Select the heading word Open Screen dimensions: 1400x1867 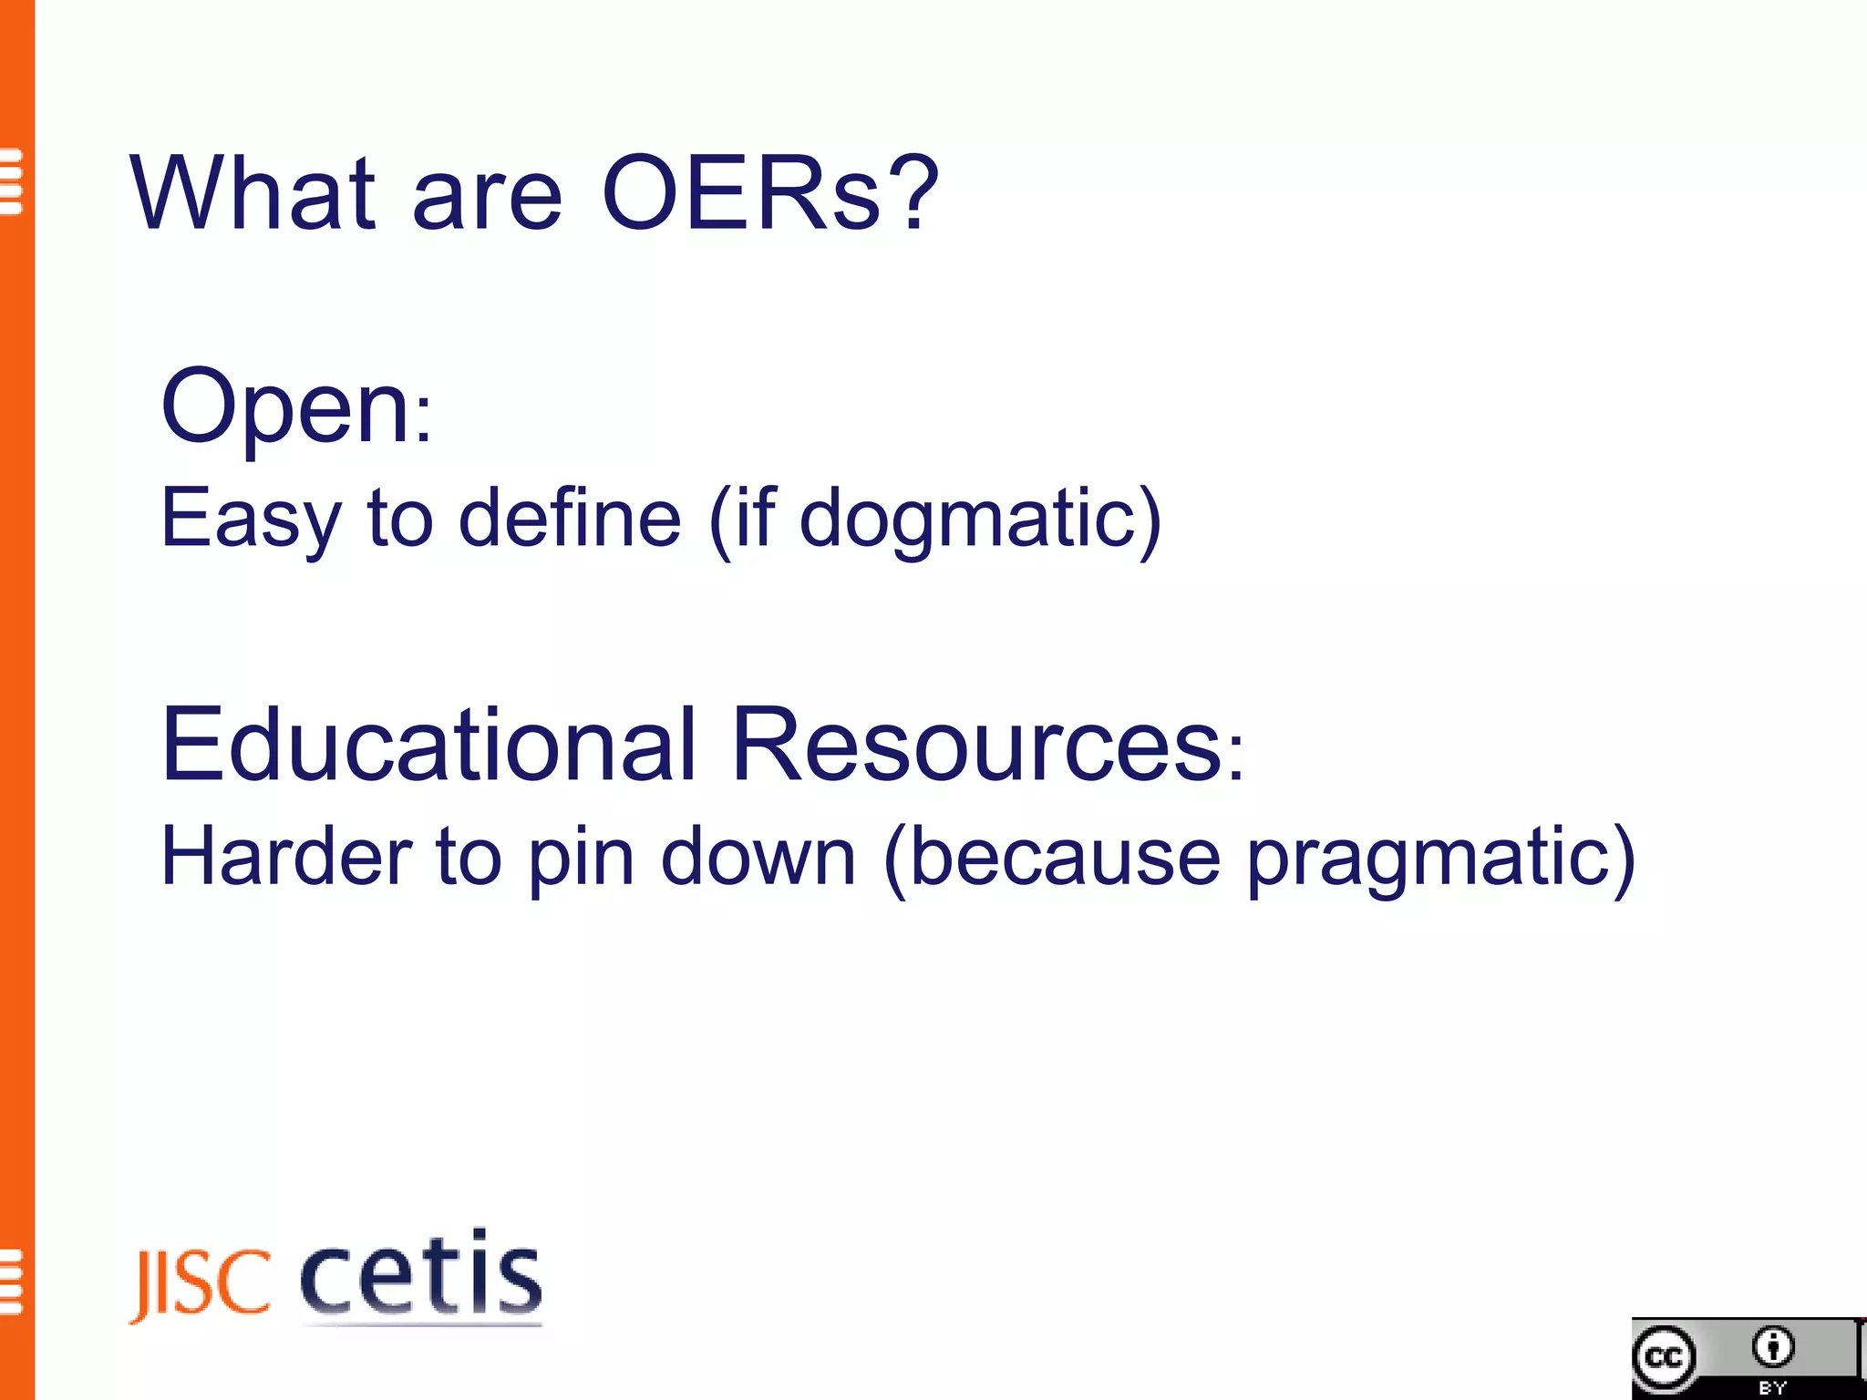[284, 408]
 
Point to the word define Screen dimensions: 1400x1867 [570, 518]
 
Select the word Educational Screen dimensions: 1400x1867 [428, 745]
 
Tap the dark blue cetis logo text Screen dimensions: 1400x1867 [421, 1274]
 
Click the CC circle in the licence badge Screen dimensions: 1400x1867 [1665, 1358]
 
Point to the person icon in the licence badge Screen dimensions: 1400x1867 [1772, 1347]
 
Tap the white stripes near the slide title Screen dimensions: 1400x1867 [11, 181]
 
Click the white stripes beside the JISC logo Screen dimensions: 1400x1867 [11, 1282]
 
